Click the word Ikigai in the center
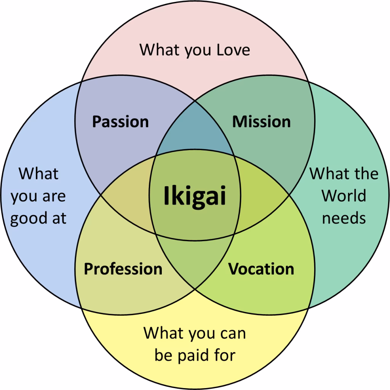coord(195,196)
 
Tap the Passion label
coord(120,122)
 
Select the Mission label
coord(261,122)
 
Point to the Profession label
coord(123,269)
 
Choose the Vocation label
coord(261,269)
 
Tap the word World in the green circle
coord(344,196)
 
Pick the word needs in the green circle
coord(344,218)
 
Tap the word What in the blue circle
coord(38,174)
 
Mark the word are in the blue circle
coord(54,197)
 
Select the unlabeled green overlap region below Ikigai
coord(195,263)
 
